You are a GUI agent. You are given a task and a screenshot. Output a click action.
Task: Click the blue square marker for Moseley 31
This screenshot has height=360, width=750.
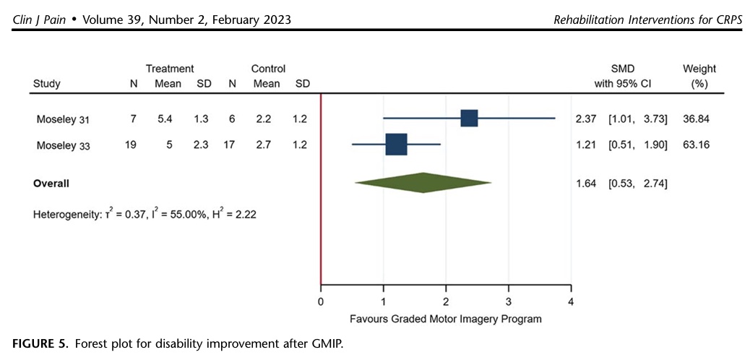point(469,119)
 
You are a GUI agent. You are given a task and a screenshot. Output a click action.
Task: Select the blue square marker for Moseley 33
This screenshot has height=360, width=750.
point(396,145)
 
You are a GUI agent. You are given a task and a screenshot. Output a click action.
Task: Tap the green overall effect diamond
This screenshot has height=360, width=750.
point(423,182)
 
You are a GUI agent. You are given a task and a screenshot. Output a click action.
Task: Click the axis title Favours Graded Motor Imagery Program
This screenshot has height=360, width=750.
point(445,317)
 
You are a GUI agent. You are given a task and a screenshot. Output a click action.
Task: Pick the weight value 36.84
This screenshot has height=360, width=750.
point(696,119)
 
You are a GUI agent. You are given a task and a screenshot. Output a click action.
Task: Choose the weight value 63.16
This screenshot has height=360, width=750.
point(696,145)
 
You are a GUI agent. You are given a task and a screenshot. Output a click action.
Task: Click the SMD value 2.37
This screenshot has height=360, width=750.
point(585,119)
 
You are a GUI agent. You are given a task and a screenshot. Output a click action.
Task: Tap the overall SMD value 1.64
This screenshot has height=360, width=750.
point(585,184)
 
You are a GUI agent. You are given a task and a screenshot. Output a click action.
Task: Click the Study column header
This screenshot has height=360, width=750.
point(47,83)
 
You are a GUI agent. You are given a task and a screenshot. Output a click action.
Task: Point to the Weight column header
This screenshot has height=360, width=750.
point(699,69)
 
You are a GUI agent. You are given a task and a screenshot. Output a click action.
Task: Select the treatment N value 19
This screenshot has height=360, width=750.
point(130,145)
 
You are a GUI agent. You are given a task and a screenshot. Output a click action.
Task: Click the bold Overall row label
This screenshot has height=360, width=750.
point(51,184)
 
